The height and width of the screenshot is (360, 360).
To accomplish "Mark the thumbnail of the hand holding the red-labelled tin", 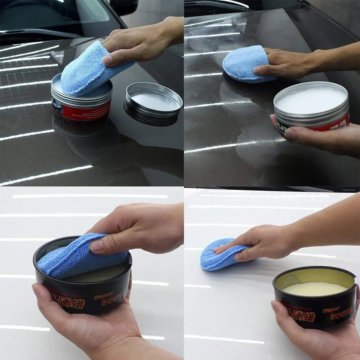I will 290,134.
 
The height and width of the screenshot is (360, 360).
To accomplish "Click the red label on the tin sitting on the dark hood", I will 81,112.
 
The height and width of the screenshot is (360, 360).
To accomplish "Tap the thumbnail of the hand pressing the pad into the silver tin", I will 108,60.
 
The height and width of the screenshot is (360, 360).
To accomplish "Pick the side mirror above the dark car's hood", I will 124,7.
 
